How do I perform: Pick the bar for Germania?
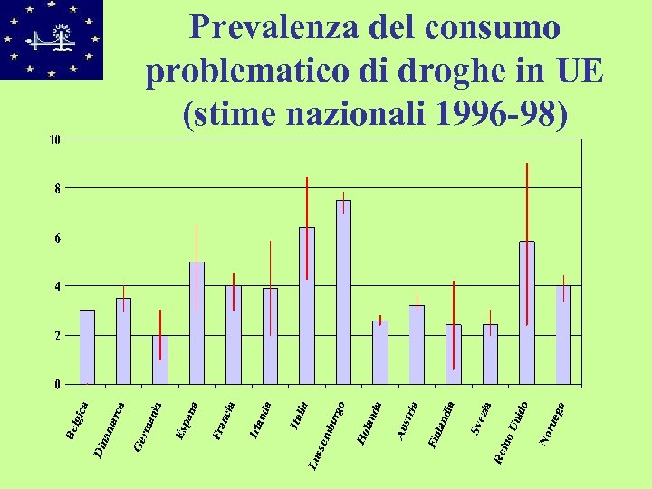pos(160,360)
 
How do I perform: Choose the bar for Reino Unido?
pos(527,312)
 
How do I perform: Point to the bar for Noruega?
pos(563,335)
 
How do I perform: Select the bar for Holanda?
pos(380,352)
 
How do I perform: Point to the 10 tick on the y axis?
pos(55,139)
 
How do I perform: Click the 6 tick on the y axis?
pos(58,237)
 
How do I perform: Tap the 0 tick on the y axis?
pos(58,384)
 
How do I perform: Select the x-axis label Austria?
pos(408,421)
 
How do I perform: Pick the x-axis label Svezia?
pos(481,417)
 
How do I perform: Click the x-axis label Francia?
pos(223,421)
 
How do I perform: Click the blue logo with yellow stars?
pos(52,39)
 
